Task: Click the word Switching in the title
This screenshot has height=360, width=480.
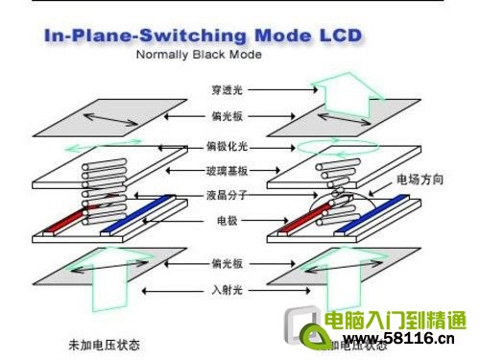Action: point(193,37)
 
